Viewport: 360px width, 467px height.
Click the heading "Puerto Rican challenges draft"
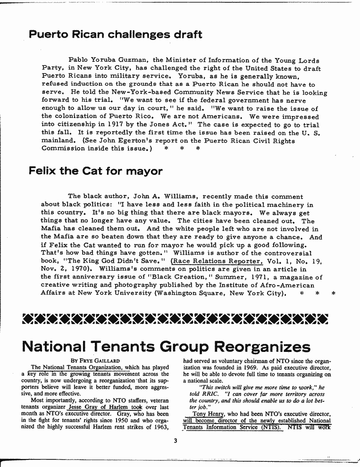116,34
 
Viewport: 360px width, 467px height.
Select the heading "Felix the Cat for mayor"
96,171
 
